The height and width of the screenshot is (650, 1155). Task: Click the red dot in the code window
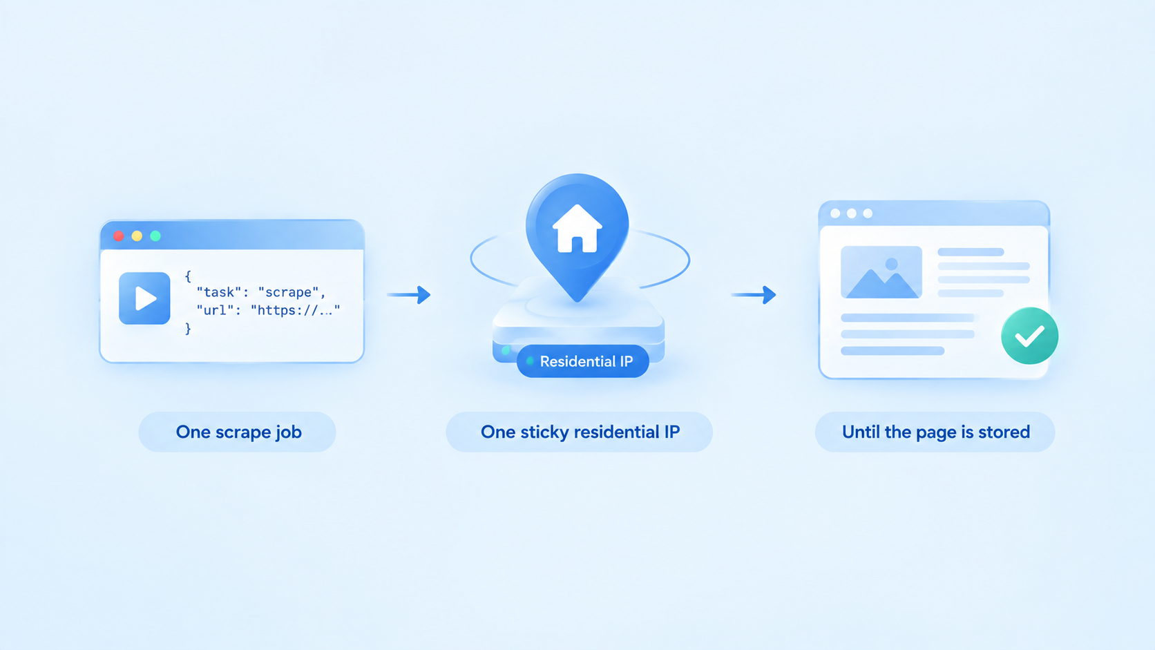[119, 236]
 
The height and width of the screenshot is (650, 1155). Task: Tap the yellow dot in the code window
[137, 236]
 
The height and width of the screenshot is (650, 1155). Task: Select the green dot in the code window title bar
[155, 236]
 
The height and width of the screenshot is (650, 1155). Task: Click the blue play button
[144, 298]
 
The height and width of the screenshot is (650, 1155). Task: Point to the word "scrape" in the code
[288, 292]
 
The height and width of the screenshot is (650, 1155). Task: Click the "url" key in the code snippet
[216, 310]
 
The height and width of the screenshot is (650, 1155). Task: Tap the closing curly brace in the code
[188, 328]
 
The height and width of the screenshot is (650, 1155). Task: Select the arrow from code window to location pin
[408, 295]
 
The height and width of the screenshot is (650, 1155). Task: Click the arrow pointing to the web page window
[754, 295]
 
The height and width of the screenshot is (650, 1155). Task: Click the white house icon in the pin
[577, 229]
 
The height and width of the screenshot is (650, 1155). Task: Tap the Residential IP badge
[582, 361]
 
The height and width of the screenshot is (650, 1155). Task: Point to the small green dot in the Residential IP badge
[530, 361]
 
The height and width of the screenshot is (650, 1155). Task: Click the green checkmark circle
[1030, 336]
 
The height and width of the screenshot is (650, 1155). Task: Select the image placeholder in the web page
[881, 272]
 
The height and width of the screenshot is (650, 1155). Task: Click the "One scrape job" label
[238, 432]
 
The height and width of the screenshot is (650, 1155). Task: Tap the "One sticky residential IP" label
[580, 432]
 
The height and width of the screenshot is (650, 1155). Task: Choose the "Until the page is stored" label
[935, 432]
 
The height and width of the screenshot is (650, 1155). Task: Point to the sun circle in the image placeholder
[892, 265]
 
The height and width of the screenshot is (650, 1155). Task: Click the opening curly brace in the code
[188, 276]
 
